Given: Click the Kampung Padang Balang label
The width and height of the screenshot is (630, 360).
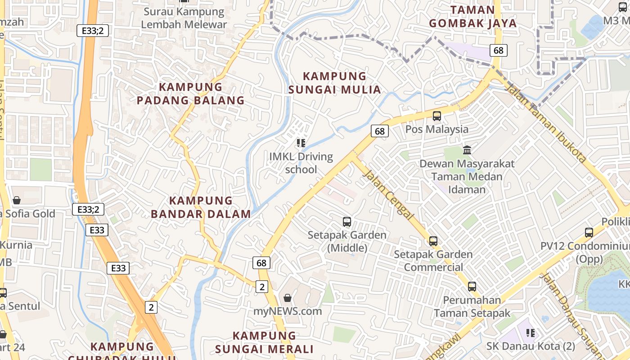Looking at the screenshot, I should point(190,94).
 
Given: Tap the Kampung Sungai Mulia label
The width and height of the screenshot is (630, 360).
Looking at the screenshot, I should point(334,83).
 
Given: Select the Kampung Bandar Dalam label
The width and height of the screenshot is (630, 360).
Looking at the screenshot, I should point(201,207).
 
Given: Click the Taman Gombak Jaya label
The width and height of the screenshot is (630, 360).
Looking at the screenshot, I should point(472,17).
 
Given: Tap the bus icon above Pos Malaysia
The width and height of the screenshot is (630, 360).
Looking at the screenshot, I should point(436,116).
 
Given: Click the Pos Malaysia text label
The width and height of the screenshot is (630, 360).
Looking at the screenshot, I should point(437,130).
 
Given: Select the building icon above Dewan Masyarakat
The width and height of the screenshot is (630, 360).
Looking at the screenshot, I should point(467,150).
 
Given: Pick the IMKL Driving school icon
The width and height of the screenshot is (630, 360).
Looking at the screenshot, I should point(301,144).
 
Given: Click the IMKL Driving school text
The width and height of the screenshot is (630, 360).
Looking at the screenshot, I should point(301,163).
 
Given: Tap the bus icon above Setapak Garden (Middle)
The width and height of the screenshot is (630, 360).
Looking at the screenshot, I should point(347,221).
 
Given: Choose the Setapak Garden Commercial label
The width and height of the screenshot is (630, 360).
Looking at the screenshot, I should point(433,261).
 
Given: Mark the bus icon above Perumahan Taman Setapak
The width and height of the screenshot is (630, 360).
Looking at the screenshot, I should point(472,286).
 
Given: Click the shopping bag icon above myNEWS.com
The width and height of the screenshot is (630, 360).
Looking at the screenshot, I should point(288,298).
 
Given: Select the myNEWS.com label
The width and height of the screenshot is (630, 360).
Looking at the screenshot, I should point(288,311).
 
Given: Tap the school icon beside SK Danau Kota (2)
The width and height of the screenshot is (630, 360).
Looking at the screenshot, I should point(531,333).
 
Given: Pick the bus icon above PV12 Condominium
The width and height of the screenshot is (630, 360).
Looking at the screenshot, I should point(589,233).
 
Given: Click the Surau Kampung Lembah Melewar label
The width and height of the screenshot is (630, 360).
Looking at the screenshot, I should point(184,18).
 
